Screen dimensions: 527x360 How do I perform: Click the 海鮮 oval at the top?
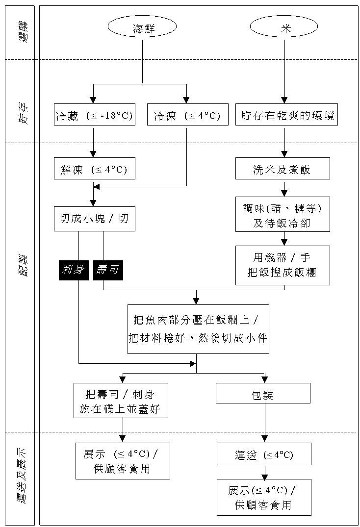(x=142, y=28)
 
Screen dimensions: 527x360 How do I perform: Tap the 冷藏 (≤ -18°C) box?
(x=94, y=116)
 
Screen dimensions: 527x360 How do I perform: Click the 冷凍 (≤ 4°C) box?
(x=186, y=116)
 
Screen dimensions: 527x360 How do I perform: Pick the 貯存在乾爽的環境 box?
(x=286, y=116)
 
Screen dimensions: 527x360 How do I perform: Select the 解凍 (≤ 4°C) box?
(x=94, y=170)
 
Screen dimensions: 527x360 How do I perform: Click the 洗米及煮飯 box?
(x=283, y=170)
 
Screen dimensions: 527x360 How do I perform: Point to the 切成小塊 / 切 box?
(x=94, y=219)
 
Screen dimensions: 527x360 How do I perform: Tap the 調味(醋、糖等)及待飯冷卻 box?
(x=283, y=214)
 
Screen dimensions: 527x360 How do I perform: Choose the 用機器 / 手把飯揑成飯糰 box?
(x=283, y=265)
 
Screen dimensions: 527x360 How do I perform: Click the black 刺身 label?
(x=74, y=270)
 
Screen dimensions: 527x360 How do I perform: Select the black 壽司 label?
(x=108, y=270)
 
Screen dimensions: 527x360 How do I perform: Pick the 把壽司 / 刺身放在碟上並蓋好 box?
(x=121, y=401)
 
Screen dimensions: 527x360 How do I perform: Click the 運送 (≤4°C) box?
(x=264, y=454)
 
